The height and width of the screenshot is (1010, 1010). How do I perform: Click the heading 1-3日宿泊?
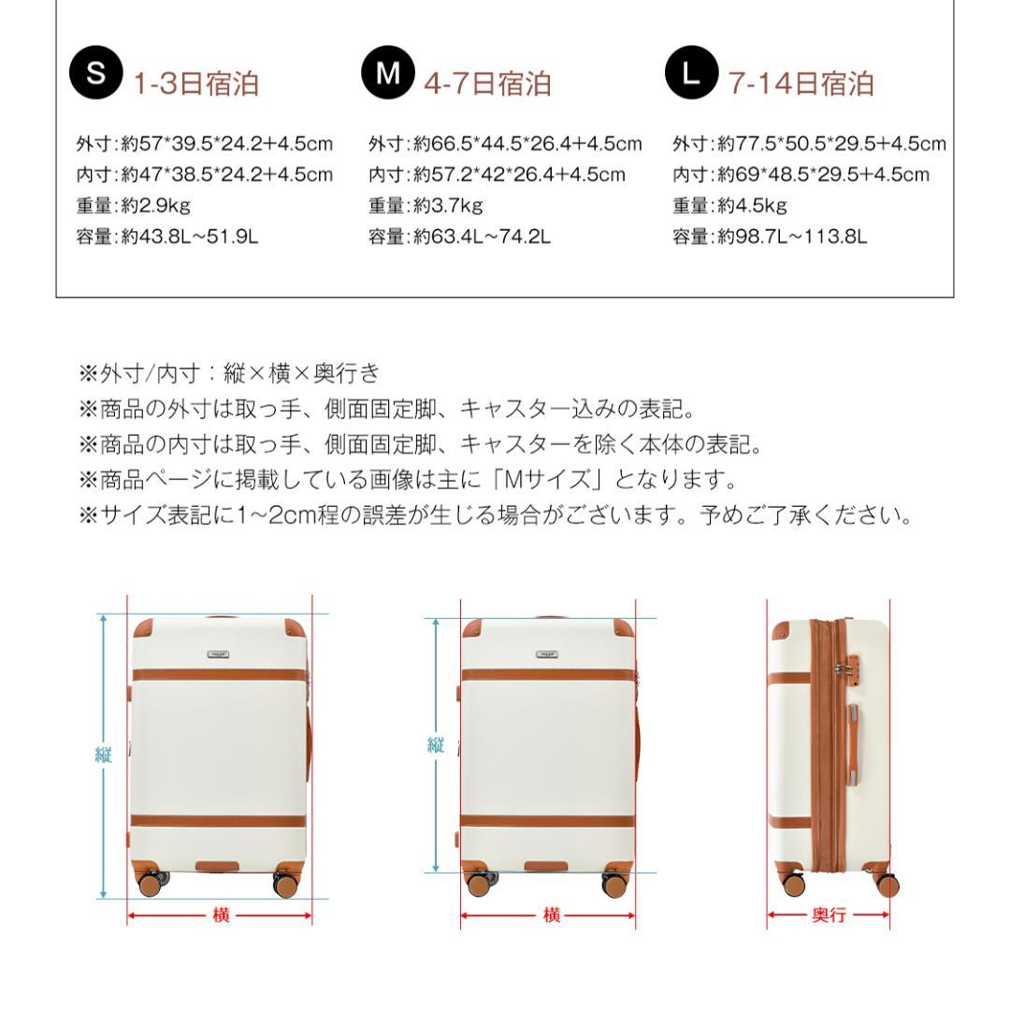click(x=196, y=84)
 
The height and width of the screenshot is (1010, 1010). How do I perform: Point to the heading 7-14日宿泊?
click(x=801, y=84)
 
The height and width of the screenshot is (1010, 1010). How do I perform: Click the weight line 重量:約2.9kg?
click(x=133, y=206)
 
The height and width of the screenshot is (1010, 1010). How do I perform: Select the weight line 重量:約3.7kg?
click(x=426, y=206)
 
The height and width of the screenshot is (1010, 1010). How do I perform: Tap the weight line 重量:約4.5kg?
click(x=729, y=206)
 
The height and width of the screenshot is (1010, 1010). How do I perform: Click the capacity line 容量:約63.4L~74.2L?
click(x=459, y=237)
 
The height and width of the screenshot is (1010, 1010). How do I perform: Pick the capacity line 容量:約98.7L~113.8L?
click(x=770, y=237)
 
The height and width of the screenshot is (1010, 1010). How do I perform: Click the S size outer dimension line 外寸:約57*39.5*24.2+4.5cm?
click(x=205, y=144)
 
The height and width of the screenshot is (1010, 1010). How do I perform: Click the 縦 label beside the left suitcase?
click(x=103, y=756)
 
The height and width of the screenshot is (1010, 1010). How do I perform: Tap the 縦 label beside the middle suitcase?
click(x=436, y=745)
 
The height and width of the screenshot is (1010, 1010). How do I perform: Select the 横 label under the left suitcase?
click(x=221, y=916)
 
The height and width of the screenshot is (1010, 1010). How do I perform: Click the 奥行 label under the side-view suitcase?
click(x=828, y=916)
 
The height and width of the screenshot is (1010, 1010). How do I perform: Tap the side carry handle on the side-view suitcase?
click(x=855, y=745)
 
